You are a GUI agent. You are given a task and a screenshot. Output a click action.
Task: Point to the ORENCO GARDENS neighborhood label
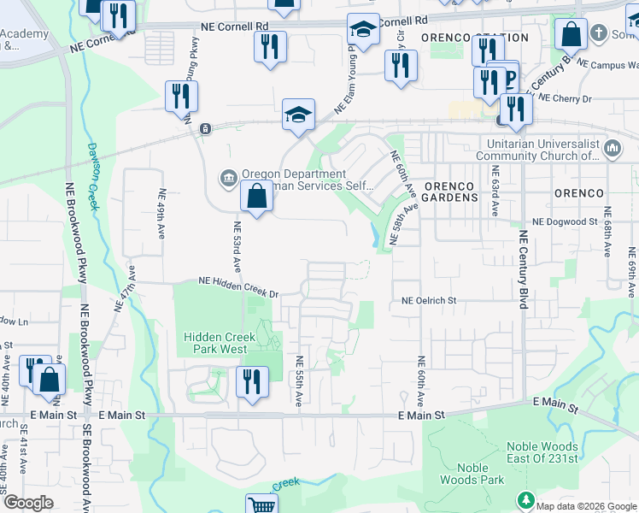(449, 190)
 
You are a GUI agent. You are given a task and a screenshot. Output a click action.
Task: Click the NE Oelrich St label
(430, 301)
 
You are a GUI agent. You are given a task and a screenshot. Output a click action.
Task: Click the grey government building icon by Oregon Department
(227, 177)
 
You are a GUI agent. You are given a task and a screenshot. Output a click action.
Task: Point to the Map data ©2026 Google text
(586, 505)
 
